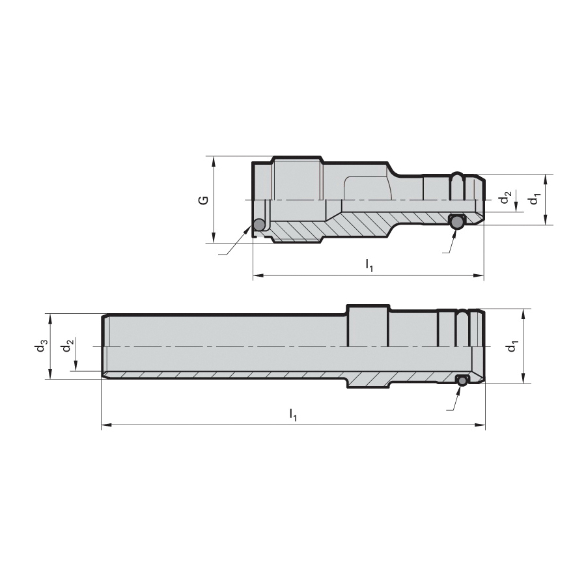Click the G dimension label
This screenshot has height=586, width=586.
point(203,200)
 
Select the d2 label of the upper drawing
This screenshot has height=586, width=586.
point(506,197)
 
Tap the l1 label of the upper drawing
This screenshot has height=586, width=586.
point(369,266)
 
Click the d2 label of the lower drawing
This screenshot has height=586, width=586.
point(66,347)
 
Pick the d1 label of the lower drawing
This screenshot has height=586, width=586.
point(512,347)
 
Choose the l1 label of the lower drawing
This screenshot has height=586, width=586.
point(293,415)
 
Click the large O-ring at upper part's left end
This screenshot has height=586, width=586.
point(258,225)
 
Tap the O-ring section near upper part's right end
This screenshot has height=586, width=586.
point(456,222)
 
